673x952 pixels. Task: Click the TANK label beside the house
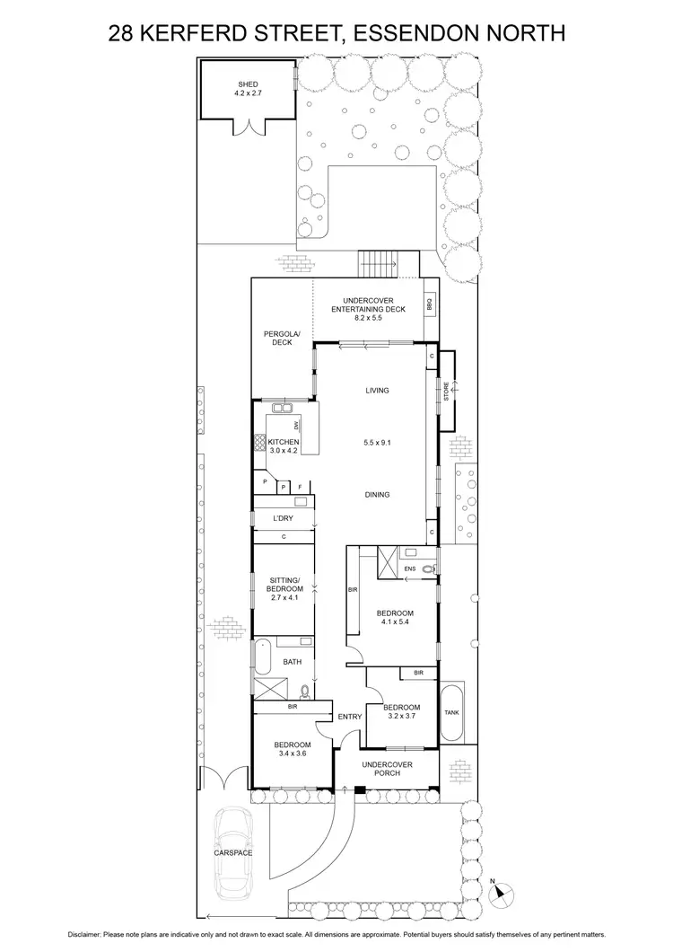451,713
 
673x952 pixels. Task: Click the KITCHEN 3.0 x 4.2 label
283,447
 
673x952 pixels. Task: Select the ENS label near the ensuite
410,568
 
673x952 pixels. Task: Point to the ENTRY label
349,716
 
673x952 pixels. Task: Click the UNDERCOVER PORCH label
387,770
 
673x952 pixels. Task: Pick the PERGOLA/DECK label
277,338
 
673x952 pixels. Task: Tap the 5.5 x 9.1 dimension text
376,442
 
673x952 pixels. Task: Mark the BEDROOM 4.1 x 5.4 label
395,618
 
